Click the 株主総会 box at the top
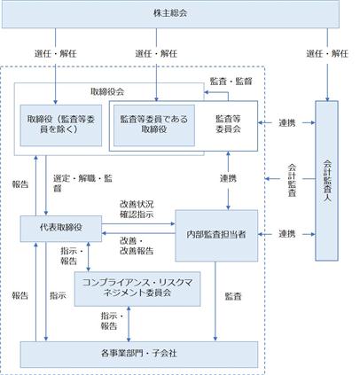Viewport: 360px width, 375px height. (170, 14)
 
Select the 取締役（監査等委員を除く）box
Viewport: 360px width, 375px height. (61, 125)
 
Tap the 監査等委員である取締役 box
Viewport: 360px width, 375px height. (154, 125)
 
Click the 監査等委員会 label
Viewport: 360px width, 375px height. (228, 124)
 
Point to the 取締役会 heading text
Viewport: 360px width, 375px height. (107, 91)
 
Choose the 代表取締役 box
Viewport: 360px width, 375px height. (61, 229)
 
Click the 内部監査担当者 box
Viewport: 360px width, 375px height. (216, 236)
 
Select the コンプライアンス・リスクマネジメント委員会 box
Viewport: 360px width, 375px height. (137, 289)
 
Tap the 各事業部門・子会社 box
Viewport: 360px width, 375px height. (139, 355)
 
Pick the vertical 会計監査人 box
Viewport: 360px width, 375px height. (326, 181)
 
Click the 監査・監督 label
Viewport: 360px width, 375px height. (231, 82)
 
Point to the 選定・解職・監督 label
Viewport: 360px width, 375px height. (82, 184)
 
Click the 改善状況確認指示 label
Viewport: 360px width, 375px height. (137, 209)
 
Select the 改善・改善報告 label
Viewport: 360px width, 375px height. (137, 246)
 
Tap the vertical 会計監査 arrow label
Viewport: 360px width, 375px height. (292, 180)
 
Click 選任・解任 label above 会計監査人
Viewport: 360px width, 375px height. (327, 54)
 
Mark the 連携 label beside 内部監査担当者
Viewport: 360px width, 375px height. (287, 234)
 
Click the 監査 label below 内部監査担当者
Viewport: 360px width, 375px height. (233, 296)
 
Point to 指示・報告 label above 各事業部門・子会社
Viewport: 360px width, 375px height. (112, 321)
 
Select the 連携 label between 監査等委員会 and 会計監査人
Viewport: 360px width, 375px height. (287, 122)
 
